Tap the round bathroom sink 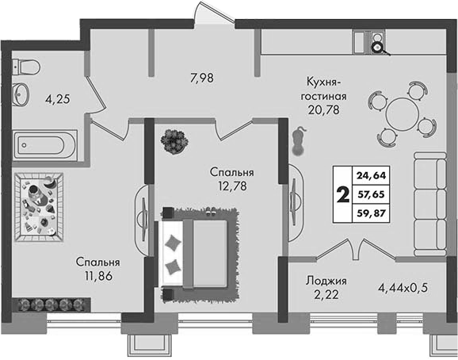pos(21,94)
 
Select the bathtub pos(45,145)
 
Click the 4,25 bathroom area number pos(58,100)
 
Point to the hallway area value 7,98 pos(202,79)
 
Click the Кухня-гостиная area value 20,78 pos(323,110)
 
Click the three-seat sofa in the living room pos(430,205)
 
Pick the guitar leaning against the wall pos(299,141)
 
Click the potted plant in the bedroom pos(174,142)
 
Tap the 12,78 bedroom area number pos(232,186)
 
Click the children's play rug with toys pos(39,207)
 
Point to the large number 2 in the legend pos(343,194)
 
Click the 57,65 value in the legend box pos(372,194)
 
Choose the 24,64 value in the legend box pos(372,175)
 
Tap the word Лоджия pos(326,281)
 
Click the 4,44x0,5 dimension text pos(403,288)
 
